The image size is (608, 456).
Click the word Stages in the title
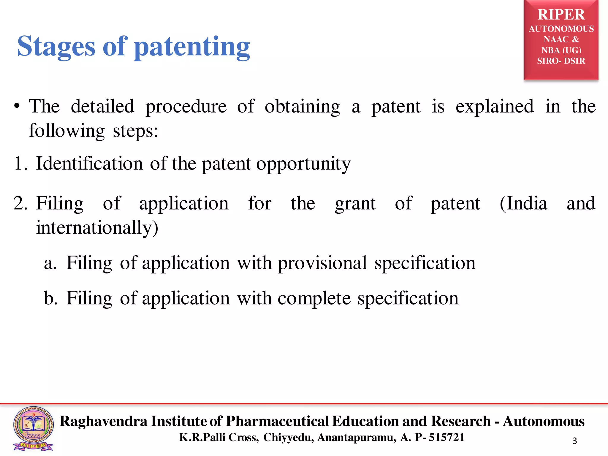(x=56, y=47)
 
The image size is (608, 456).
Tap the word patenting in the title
(x=192, y=47)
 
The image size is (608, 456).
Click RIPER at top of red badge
(x=561, y=15)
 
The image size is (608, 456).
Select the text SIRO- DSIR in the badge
(x=561, y=61)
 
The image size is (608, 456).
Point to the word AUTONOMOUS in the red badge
(x=561, y=29)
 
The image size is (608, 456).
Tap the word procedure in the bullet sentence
(x=186, y=107)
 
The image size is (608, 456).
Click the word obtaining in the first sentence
(x=302, y=107)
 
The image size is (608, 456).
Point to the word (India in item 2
(x=523, y=204)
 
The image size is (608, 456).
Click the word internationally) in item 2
(x=97, y=228)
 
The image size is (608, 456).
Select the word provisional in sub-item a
(x=322, y=263)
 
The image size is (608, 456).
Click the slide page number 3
(x=574, y=441)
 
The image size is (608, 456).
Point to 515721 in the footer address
(x=446, y=437)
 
